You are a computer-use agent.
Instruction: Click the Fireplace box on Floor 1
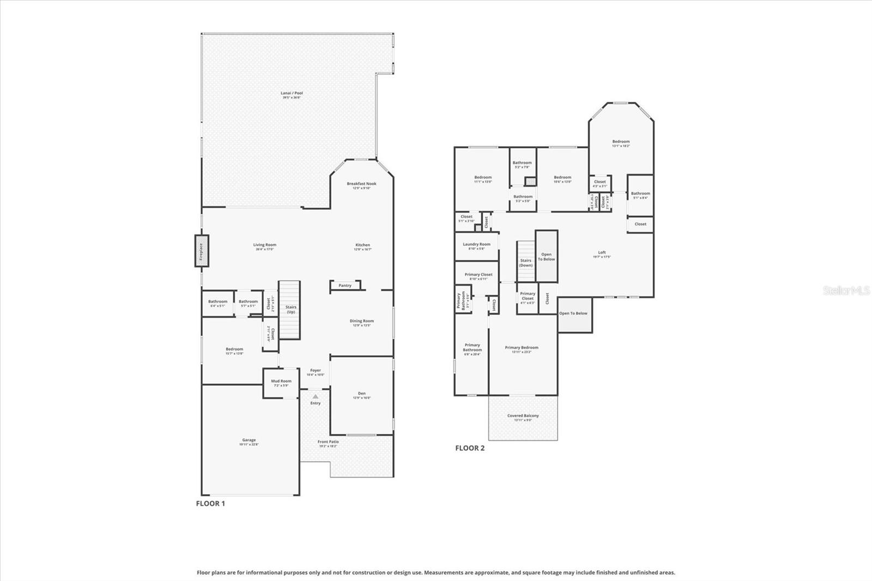[202, 251]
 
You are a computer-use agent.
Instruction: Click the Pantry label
[345, 286]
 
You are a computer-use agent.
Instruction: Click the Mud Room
[281, 383]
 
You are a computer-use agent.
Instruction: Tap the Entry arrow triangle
[315, 397]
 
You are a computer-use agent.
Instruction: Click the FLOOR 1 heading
[210, 504]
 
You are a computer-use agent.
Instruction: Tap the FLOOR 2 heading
[470, 449]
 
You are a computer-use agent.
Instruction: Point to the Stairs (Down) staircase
[526, 262]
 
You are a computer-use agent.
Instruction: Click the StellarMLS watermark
[846, 291]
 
